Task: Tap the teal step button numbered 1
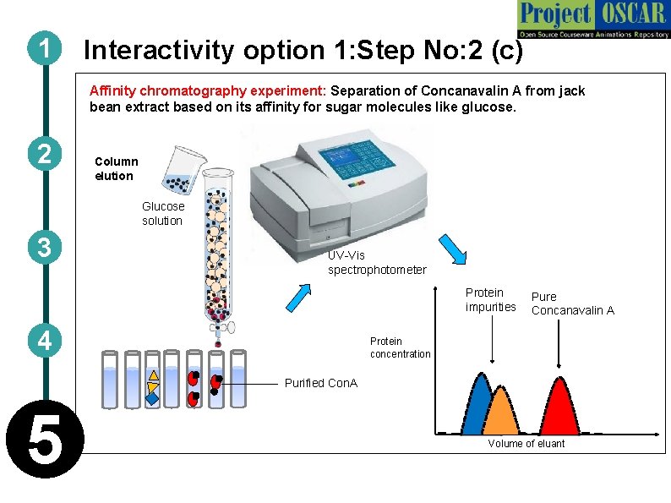pos(42,50)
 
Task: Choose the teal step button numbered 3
pos(42,249)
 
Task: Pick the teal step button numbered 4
pos(42,342)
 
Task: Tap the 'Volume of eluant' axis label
pos(526,444)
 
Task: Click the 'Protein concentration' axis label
pos(400,347)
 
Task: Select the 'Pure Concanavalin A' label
pos(572,303)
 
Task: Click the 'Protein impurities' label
pos(490,299)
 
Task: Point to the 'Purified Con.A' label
pos(320,383)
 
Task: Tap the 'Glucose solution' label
pos(162,214)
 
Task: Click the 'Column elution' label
pos(116,168)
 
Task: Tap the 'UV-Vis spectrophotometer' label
pos(377,262)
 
